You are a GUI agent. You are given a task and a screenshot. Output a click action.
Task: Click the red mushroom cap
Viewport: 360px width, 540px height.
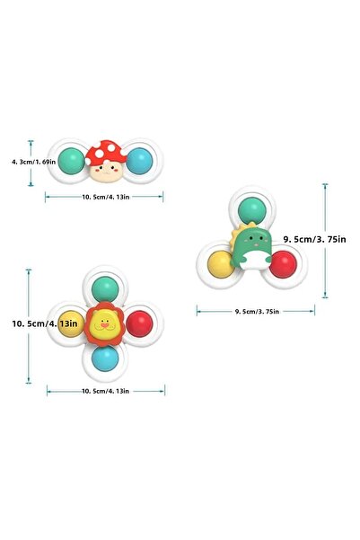(106, 152)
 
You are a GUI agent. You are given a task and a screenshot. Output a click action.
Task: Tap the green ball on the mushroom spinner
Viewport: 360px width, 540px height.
(71, 161)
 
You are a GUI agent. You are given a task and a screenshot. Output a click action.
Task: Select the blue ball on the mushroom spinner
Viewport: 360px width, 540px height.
(139, 161)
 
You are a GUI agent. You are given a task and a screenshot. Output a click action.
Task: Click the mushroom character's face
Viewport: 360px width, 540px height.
(106, 172)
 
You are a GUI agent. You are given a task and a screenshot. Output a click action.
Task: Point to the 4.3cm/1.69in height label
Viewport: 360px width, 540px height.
(34, 162)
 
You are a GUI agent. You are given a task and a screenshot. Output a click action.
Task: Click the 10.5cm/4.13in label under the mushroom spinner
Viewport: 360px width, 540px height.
(106, 197)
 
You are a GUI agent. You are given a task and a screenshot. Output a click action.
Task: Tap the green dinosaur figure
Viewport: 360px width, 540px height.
(251, 245)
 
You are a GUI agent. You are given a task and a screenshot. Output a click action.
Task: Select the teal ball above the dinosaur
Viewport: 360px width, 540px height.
(251, 210)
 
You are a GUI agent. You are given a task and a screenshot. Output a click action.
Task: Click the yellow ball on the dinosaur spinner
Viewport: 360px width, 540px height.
(221, 264)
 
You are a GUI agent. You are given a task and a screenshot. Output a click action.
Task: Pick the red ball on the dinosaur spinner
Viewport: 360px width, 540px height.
(283, 264)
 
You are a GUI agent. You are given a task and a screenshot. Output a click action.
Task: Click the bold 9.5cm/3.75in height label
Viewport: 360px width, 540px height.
(314, 239)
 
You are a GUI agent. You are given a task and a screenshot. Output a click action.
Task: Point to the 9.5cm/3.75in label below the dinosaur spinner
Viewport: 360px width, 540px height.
(257, 311)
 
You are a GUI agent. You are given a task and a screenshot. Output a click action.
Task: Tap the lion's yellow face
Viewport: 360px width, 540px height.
(105, 324)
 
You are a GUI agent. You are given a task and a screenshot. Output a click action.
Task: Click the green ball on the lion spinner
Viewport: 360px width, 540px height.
(105, 289)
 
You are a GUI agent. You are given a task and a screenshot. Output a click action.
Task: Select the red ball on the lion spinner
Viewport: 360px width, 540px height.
(139, 323)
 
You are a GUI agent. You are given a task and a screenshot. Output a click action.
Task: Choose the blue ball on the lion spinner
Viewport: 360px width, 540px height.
(105, 359)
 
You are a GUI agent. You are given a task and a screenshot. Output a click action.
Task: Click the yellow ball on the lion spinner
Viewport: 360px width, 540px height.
(71, 323)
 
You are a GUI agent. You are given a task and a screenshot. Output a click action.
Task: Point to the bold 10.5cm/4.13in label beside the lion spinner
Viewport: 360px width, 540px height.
(45, 323)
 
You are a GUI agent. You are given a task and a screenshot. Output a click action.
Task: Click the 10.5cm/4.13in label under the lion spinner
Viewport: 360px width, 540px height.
(105, 391)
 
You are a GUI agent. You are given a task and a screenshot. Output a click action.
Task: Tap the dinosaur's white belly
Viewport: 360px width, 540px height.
(255, 260)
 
